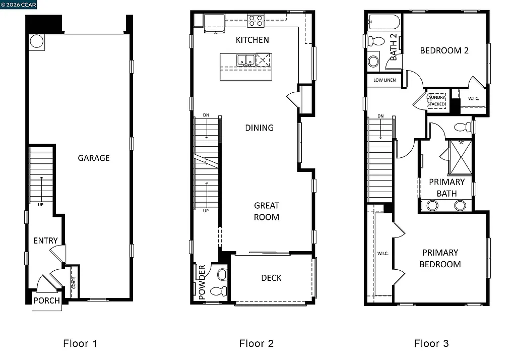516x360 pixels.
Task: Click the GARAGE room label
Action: coord(93,158)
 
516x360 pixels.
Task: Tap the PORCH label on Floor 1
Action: coord(46,301)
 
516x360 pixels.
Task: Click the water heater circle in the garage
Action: coord(37,41)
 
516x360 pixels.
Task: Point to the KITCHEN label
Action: coord(252,40)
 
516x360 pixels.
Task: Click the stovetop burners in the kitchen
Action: coord(255,21)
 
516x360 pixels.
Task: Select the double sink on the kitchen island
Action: coord(245,61)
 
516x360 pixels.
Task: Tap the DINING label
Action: coord(260,128)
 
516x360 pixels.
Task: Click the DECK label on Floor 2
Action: coord(271,278)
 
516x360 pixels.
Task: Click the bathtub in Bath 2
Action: coord(383,22)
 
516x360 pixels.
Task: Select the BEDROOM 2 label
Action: coord(444,50)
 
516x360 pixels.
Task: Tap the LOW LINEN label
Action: coord(384,80)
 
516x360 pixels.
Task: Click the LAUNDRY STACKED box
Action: coord(436,101)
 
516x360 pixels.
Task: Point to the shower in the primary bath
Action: coord(459,157)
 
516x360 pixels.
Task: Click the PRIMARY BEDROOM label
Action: coord(440,258)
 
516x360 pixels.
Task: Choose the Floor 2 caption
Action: coord(256,344)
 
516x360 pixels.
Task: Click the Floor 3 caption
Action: coord(431,344)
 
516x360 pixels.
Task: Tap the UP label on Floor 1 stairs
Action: coord(40,205)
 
